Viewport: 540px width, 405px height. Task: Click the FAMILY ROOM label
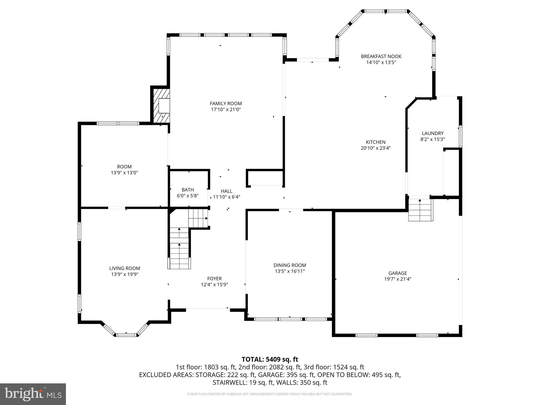tap(226, 104)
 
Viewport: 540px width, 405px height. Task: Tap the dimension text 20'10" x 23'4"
tap(375, 148)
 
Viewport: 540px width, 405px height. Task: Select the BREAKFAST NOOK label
tap(381, 56)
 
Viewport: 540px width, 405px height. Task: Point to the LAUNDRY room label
tap(432, 133)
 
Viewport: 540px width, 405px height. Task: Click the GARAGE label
tap(397, 273)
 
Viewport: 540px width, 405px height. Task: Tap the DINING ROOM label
tap(290, 265)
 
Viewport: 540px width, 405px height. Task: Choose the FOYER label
tap(214, 279)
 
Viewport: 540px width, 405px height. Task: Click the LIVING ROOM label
tap(124, 268)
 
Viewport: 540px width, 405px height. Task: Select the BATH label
tap(187, 190)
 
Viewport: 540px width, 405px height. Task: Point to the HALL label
tap(226, 191)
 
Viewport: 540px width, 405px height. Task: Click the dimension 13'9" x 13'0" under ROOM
tap(124, 173)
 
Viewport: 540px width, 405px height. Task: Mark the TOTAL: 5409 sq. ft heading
tap(270, 359)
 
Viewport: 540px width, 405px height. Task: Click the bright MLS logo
tap(33, 394)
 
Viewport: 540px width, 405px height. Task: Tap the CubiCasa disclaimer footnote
tap(270, 394)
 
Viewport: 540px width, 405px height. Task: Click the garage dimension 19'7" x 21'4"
tap(397, 279)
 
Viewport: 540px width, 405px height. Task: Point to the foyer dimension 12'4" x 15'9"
tap(214, 285)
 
